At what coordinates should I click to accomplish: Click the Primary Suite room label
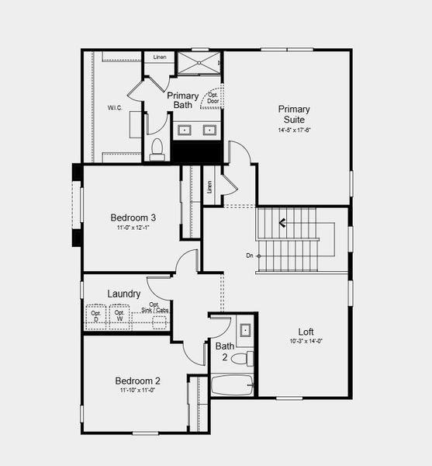[294, 114]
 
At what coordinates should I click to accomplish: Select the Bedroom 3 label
[133, 217]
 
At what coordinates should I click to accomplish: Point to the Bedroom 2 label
[137, 381]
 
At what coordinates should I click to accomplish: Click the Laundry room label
[123, 294]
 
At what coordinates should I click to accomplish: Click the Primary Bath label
[182, 101]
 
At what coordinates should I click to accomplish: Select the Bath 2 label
[224, 351]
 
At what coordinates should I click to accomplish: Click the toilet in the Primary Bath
[157, 148]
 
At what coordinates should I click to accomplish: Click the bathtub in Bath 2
[232, 384]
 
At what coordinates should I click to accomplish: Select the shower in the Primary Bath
[199, 63]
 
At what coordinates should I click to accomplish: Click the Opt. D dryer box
[96, 316]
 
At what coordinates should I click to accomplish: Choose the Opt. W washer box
[119, 316]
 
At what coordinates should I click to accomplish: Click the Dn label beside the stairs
[250, 255]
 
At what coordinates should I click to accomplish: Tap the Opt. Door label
[212, 98]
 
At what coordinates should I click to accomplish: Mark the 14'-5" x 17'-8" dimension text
[294, 130]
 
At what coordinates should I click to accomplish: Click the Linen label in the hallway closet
[209, 187]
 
